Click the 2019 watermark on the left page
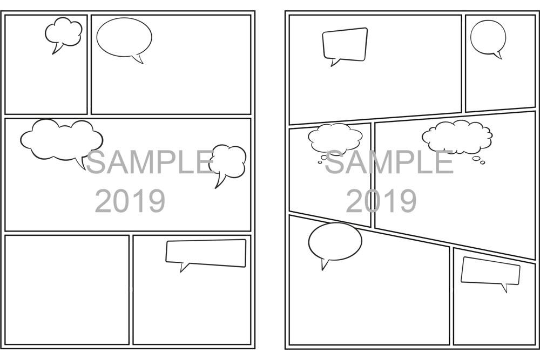click(130, 201)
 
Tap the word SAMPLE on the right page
click(389, 162)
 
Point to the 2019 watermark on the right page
click(381, 201)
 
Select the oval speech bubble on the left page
click(124, 37)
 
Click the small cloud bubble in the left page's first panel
click(64, 32)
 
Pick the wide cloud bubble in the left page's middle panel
click(60, 139)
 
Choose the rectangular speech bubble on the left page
click(205, 252)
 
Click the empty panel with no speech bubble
click(67, 289)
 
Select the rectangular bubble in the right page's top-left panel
click(345, 44)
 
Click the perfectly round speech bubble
click(488, 37)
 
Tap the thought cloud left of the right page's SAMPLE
click(335, 138)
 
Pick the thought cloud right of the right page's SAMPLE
click(457, 137)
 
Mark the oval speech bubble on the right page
click(335, 241)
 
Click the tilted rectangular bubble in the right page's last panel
click(490, 271)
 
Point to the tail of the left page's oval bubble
click(139, 59)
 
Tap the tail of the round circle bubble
click(498, 55)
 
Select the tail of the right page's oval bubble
click(325, 264)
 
